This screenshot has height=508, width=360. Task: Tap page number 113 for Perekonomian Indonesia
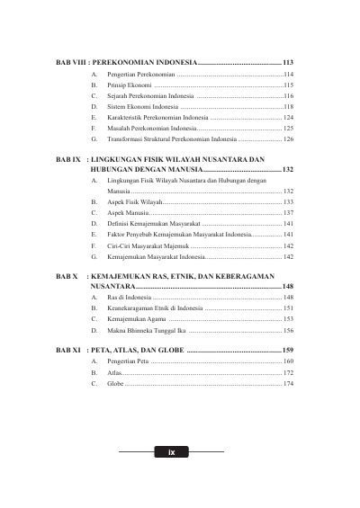click(288, 61)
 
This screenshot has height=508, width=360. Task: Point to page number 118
click(288, 106)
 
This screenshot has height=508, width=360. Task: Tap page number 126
click(288, 140)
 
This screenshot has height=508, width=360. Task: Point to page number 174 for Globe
click(288, 384)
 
